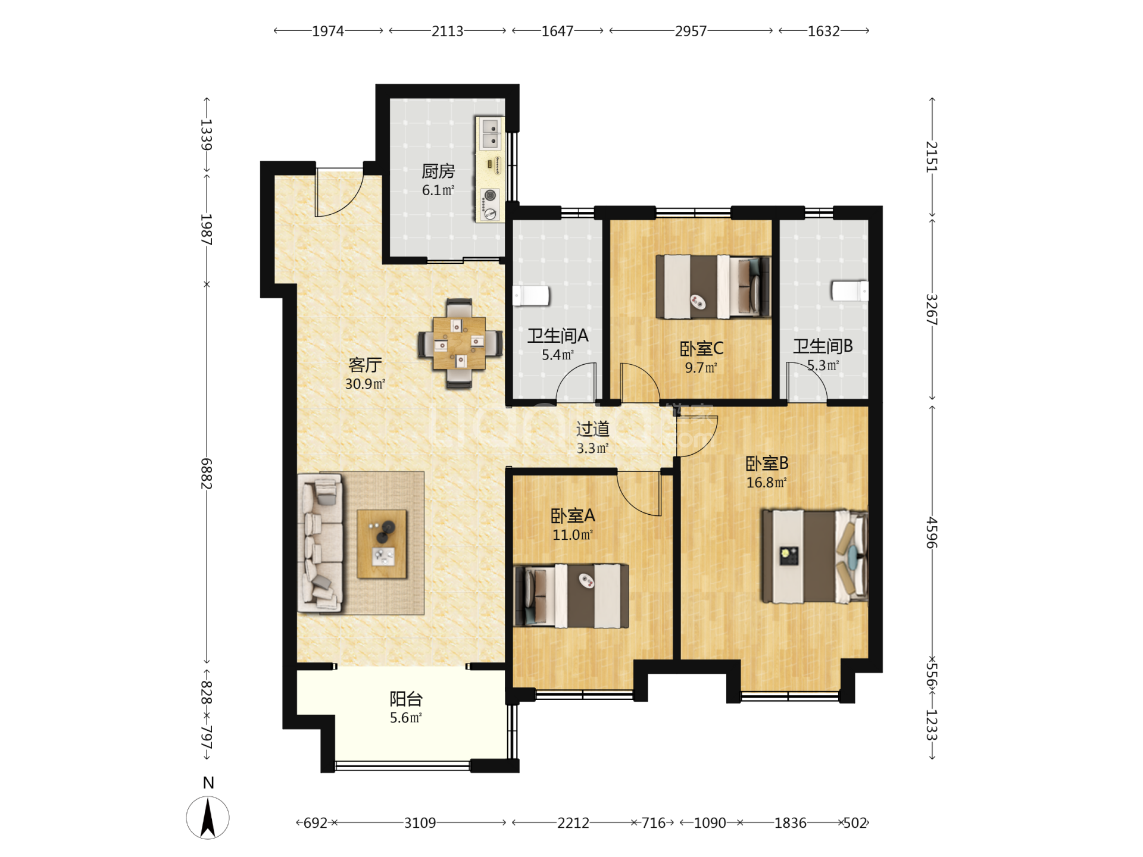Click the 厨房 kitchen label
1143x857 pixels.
(x=438, y=171)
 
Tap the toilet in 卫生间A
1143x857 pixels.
(x=531, y=296)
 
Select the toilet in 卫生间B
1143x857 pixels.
(x=850, y=290)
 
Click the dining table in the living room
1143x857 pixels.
(x=459, y=343)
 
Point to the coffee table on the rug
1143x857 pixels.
(x=382, y=544)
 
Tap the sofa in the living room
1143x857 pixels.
(x=320, y=543)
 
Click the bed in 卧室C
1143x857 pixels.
(x=713, y=287)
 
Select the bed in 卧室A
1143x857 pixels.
(x=571, y=596)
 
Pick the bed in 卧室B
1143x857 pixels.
(x=814, y=556)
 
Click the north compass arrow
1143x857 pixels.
(x=208, y=818)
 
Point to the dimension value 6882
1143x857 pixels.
(x=206, y=474)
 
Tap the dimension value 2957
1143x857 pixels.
(x=691, y=31)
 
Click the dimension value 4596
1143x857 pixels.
(x=932, y=533)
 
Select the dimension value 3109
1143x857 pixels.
(x=420, y=823)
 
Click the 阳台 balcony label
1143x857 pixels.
(x=406, y=699)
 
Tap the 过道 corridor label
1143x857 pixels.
(x=592, y=428)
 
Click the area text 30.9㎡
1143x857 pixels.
(x=365, y=384)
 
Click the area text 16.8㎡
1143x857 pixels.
(x=766, y=483)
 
